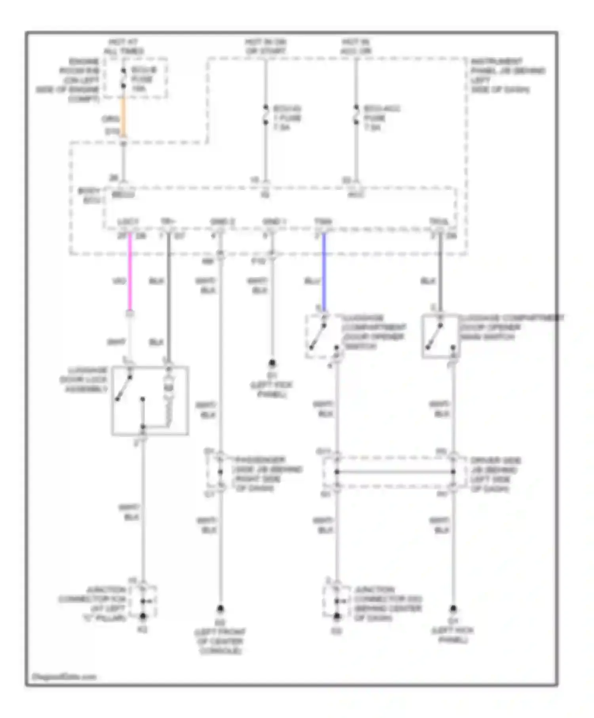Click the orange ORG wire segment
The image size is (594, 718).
pos(124,117)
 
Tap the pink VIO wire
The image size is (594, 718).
pos(129,273)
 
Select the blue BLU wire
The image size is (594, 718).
pos(324,273)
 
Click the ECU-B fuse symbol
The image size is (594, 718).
pos(124,78)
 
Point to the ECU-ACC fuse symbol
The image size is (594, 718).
pos(356,114)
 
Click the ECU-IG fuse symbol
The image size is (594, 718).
pos(265,114)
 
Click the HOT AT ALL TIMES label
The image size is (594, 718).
pos(124,46)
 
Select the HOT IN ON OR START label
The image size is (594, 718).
pos(265,46)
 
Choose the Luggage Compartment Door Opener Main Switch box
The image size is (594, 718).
pos(440,336)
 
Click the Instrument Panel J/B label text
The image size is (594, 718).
pos(507,75)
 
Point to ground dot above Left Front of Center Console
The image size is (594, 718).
pos(220,608)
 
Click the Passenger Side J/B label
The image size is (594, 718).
pos(268,474)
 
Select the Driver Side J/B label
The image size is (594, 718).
pos(495,475)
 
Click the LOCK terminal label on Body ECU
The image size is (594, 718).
pos(128,222)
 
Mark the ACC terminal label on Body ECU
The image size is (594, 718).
pos(356,195)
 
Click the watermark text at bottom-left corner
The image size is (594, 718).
pos(64,677)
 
